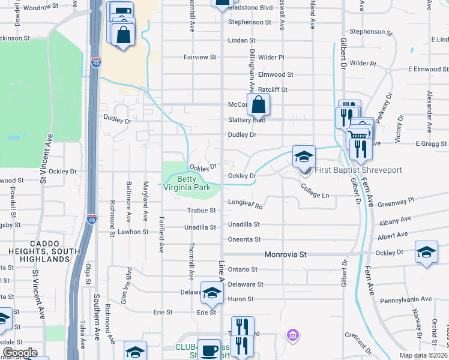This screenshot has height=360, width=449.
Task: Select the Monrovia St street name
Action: point(286,254)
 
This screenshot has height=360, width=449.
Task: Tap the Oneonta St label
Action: point(244,239)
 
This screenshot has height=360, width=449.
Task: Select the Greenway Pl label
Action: point(396,202)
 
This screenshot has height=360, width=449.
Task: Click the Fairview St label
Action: point(200,57)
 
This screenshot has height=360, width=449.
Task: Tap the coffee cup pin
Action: point(209,350)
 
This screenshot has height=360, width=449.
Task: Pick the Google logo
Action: point(20,353)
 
